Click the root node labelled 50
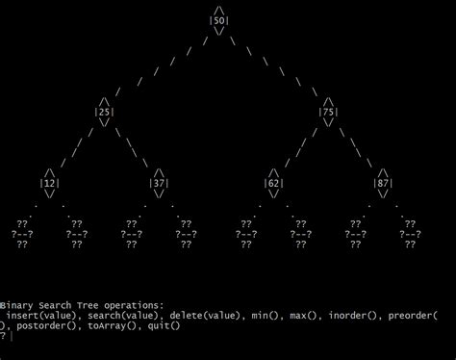(219, 20)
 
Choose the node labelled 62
(274, 183)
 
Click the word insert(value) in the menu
(43, 315)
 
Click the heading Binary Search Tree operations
(82, 303)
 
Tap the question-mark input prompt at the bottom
(4, 337)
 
